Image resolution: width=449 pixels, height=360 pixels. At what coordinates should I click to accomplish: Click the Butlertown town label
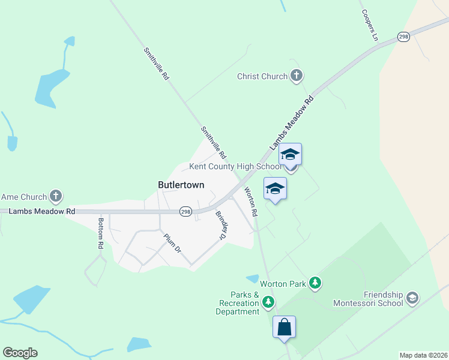181,185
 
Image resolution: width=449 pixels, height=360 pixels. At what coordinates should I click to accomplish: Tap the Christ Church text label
262,76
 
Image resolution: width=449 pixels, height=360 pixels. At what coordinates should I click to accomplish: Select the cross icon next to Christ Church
296,76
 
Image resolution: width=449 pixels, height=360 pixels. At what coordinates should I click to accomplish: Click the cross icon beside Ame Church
56,196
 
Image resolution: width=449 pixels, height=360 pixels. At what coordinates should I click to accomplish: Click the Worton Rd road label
250,202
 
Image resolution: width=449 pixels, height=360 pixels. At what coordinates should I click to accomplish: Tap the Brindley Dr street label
220,226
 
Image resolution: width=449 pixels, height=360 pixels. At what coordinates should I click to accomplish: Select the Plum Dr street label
172,242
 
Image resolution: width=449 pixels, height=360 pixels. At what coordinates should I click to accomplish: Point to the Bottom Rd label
101,233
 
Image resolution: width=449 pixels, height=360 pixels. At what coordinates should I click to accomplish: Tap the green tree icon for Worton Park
315,283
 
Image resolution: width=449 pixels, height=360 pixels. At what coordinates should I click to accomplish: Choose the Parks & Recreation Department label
238,303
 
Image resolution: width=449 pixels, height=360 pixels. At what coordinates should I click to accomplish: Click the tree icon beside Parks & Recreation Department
270,302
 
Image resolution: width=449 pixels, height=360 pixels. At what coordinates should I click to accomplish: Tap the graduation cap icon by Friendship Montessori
412,297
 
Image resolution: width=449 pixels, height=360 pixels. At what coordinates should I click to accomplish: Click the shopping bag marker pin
284,328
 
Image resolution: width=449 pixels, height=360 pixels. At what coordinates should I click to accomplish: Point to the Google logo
20,353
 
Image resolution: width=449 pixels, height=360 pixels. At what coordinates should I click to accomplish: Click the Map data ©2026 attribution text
423,355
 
